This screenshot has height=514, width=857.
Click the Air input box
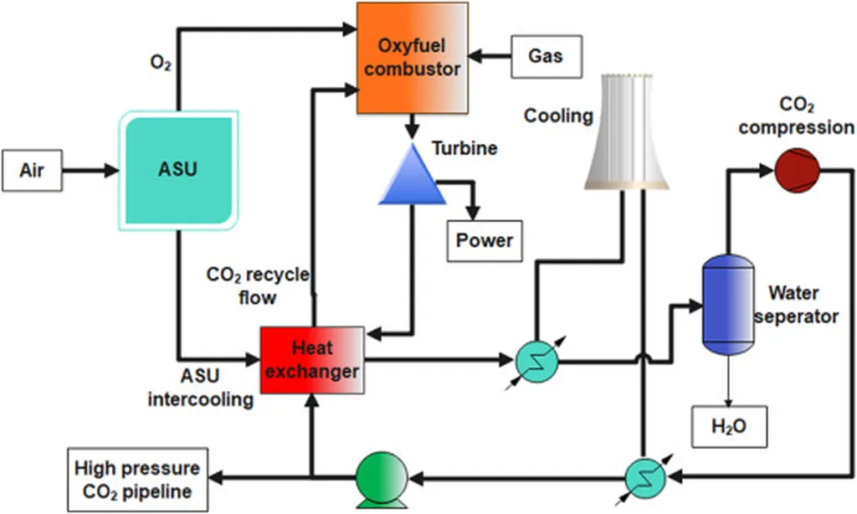coord(32,171)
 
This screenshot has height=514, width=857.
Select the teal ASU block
coord(178,170)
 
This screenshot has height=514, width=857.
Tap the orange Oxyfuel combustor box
coord(411,58)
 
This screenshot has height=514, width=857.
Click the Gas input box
coord(545,56)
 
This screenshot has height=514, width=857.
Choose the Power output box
coord(484,241)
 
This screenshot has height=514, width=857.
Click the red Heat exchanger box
coord(312,360)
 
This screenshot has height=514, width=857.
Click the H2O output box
coord(727,426)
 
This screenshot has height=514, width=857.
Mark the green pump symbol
coord(381,479)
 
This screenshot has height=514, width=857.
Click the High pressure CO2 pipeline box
coord(137,478)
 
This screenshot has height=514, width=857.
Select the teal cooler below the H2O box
coord(645,478)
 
